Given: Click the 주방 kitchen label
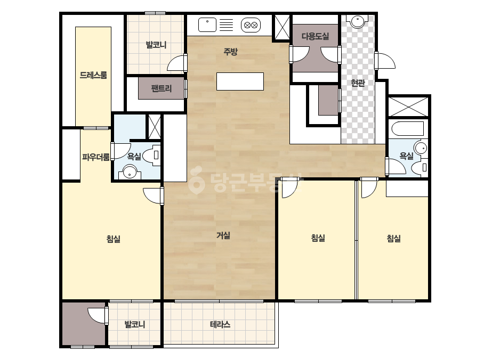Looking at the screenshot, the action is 230,52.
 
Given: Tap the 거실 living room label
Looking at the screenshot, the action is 223,235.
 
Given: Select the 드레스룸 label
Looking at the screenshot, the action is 93,75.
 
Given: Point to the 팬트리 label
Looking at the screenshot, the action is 162,88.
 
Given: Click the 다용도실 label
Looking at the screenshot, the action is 316,36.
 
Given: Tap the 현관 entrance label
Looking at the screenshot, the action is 358,83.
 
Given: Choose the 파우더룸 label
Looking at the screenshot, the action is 96,157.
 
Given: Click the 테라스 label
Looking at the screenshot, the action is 220,324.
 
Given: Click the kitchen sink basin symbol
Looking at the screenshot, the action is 207,25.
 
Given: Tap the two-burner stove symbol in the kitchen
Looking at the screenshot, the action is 251,25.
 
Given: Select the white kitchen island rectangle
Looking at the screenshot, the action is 240,81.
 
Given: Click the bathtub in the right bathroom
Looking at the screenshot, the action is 408,129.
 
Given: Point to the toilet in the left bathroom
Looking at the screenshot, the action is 153,155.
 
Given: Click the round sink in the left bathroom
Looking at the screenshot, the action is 130,172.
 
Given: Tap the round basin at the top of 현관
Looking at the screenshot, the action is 358,21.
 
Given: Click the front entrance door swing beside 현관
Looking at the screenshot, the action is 385,61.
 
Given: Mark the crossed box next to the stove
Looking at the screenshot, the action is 282,27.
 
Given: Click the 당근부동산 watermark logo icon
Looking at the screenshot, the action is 197,181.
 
